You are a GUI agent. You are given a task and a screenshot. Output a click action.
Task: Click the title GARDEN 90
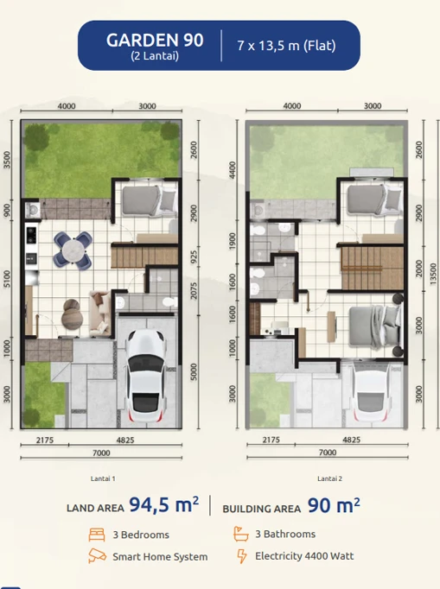tap(155, 40)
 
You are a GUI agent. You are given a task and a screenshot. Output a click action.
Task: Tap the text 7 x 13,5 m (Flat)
tap(286, 46)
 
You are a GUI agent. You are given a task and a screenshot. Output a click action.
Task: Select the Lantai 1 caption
tap(102, 478)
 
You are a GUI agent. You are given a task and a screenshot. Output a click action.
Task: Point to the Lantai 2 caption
tap(329, 478)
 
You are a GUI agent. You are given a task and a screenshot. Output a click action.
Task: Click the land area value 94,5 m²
tap(164, 505)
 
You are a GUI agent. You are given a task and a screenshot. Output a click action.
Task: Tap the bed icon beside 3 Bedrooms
tap(97, 535)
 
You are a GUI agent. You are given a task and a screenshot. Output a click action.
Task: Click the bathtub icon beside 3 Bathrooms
tap(242, 535)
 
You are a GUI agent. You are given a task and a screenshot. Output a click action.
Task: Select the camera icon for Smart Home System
tap(97, 556)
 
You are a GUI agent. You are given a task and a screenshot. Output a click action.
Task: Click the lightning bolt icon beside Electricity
tap(242, 556)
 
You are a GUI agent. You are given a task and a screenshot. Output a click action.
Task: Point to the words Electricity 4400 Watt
tap(303, 556)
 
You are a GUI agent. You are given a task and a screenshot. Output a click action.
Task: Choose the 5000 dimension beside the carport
tap(195, 372)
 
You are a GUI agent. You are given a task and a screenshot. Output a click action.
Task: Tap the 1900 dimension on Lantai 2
tap(232, 240)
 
